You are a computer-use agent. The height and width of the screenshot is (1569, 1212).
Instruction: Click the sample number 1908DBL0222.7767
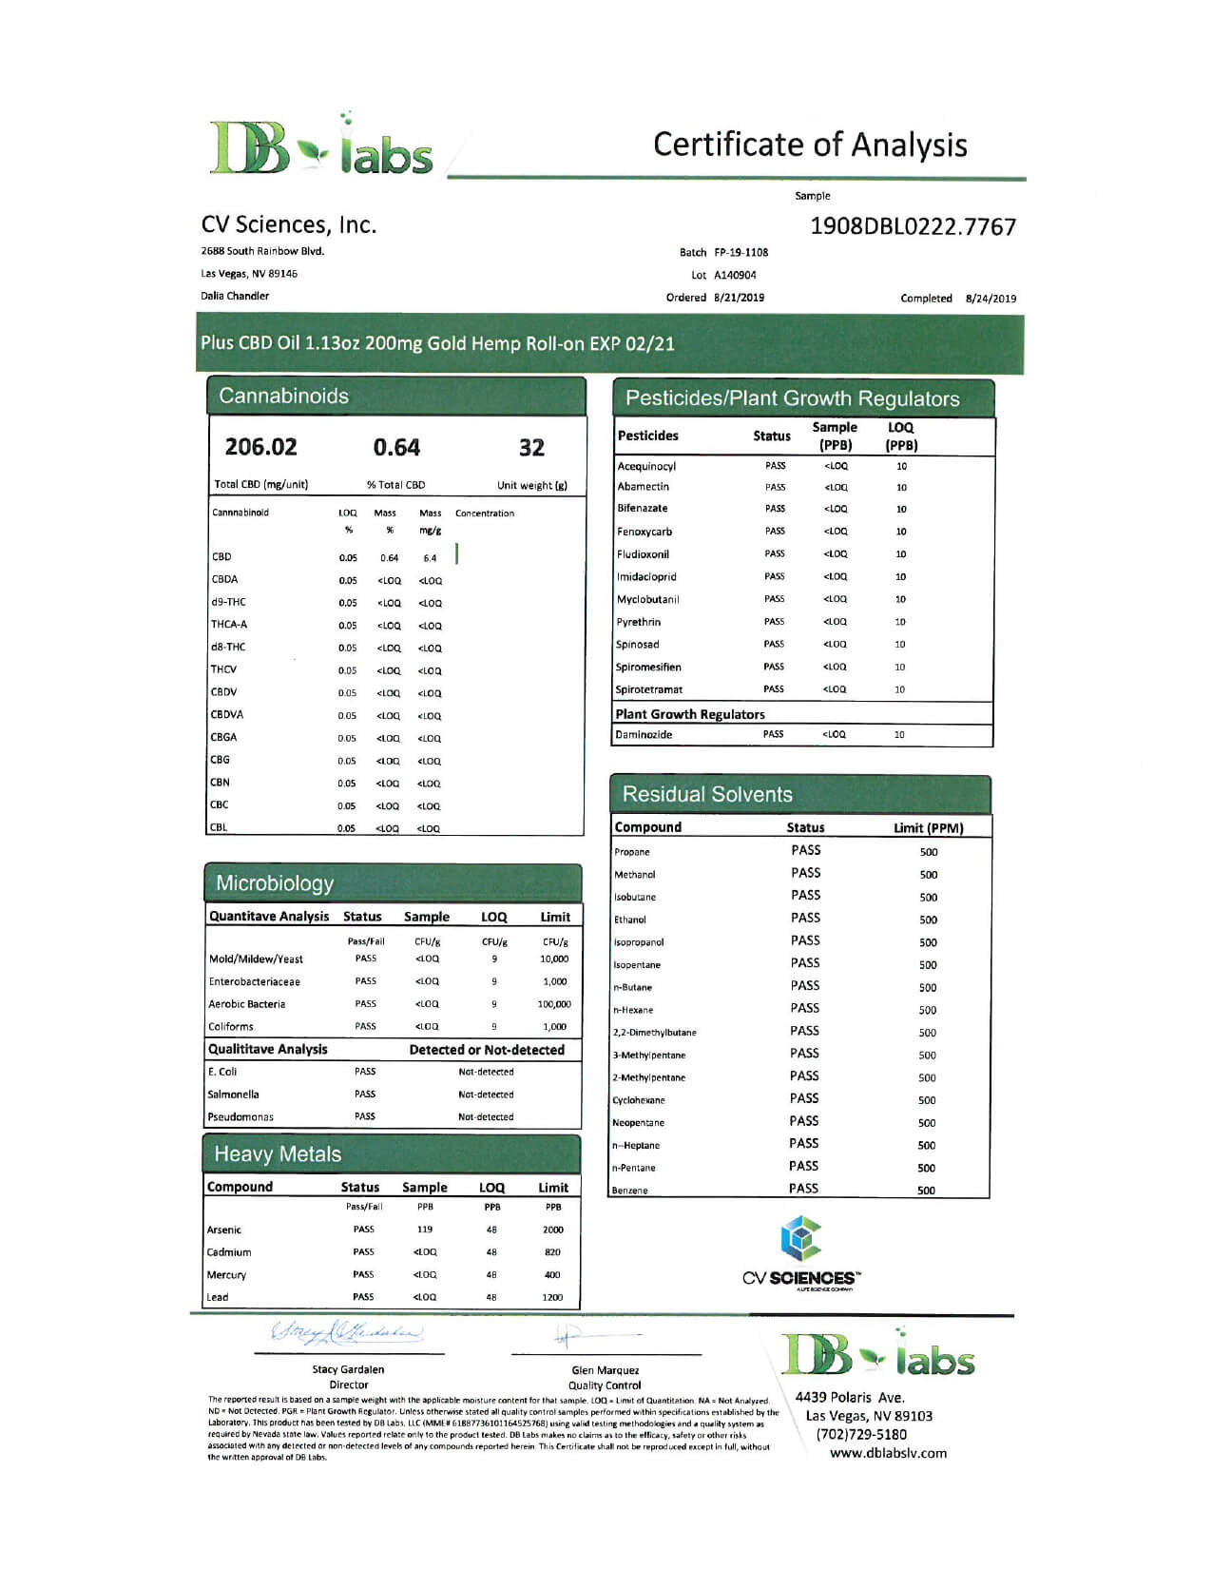pos(913,226)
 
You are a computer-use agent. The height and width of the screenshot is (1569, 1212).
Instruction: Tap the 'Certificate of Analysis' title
pos(810,145)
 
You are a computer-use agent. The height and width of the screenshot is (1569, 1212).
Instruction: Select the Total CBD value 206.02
pos(260,447)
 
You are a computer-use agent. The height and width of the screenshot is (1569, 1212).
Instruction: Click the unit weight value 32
pos(531,448)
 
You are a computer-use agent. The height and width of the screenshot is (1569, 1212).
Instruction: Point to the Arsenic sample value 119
pos(425,1230)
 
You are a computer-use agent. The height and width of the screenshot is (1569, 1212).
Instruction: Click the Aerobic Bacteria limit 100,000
pos(554,1004)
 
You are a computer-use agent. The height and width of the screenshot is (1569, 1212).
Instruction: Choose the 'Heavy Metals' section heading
pos(278,1154)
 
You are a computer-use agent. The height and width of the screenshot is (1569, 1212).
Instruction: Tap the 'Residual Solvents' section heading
pos(707,794)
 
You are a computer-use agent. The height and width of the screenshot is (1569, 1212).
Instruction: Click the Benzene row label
pos(630,1191)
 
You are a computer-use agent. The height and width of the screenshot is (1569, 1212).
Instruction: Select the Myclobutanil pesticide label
pos(647,599)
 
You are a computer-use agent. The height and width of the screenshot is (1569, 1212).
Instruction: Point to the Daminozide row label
pos(644,734)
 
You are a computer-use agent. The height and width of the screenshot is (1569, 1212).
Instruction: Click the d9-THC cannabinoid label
pos(228,602)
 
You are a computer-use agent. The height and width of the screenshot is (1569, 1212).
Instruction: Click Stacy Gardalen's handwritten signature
pos(348,1333)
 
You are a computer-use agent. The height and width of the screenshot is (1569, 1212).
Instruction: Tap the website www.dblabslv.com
pos(888,1453)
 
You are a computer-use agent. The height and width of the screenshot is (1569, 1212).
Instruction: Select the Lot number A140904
pos(735,275)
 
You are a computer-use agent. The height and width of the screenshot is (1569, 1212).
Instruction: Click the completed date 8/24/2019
pos(991,299)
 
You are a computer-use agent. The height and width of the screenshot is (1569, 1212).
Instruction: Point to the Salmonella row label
pos(233,1094)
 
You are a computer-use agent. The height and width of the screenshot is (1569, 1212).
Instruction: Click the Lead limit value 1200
pos(552,1297)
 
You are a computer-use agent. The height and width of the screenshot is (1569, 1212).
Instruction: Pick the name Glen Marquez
pos(606,1370)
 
